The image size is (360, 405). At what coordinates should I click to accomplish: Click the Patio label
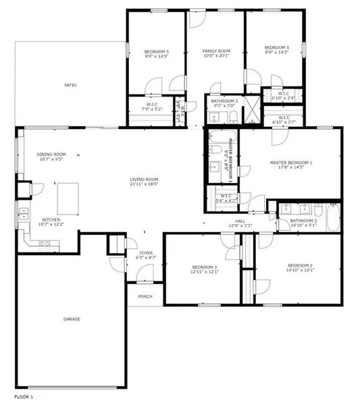[70, 85]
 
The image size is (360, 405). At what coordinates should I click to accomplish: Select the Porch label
[145, 296]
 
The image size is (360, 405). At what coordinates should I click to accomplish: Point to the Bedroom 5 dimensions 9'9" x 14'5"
[157, 57]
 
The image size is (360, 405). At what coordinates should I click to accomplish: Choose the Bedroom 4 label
[277, 47]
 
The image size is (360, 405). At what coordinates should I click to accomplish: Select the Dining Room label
[51, 155]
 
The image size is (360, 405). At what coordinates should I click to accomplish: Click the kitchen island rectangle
[68, 196]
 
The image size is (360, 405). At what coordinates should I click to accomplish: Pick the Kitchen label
[51, 219]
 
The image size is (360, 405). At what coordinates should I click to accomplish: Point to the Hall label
[240, 220]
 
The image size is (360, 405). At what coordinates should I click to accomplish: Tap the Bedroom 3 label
[205, 267]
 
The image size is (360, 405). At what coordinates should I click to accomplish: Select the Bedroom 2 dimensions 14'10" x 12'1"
[300, 271]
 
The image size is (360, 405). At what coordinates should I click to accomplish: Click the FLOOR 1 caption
[23, 396]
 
